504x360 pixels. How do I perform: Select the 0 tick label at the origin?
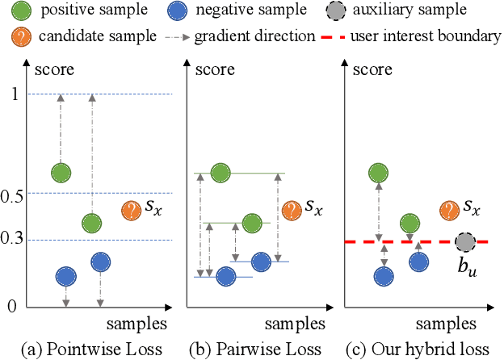click(x=12, y=306)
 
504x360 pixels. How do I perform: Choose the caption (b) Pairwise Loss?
click(x=244, y=349)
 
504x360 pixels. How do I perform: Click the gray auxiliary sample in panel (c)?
click(x=464, y=241)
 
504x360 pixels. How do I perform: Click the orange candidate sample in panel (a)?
click(x=131, y=211)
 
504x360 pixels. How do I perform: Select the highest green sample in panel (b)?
click(x=220, y=173)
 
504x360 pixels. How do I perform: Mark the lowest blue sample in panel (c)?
click(x=384, y=276)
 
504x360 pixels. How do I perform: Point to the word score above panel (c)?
click(x=372, y=69)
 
